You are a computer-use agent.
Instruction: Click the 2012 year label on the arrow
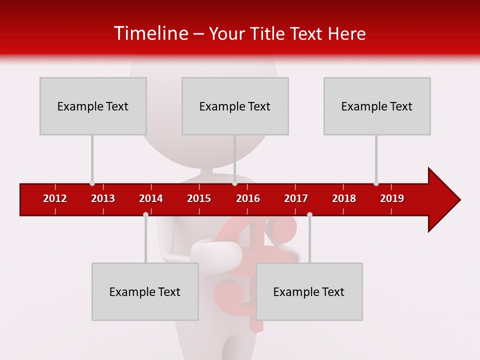55,198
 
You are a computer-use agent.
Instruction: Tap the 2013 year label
103,198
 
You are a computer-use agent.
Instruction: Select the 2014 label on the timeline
151,198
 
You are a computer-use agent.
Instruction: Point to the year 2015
199,198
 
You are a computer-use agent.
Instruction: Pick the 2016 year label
248,198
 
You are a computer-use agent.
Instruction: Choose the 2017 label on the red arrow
296,198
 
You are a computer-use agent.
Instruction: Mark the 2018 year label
344,198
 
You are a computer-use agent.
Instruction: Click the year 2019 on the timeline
392,198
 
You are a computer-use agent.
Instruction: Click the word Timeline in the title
150,33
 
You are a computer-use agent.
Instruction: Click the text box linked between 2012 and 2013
93,106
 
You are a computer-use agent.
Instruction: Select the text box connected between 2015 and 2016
235,106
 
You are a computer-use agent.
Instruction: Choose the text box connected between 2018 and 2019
377,106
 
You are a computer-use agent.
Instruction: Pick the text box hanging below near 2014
145,291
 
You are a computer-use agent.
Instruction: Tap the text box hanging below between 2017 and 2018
309,291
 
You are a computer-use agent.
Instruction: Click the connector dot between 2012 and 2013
92,183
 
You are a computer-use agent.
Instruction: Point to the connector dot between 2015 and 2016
234,183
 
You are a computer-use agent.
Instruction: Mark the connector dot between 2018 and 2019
376,183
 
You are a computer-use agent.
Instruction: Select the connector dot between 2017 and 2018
309,214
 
